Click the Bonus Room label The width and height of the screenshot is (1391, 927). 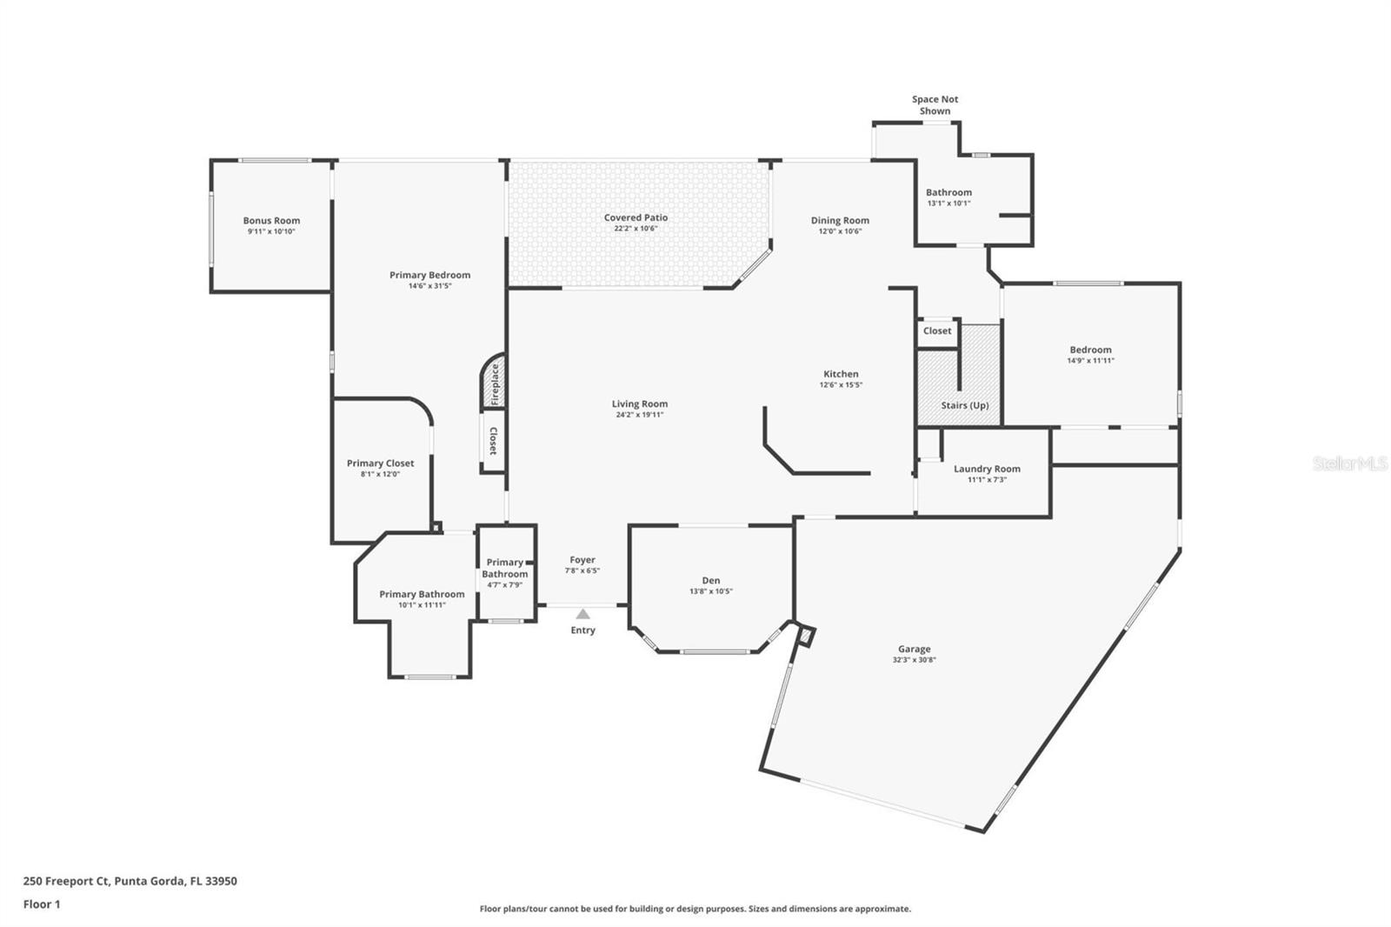tap(271, 221)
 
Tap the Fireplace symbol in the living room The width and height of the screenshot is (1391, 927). tap(495, 383)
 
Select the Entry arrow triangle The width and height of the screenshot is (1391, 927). tap(582, 614)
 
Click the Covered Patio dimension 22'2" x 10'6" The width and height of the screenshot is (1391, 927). tap(636, 229)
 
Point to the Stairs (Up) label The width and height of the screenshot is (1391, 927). tap(964, 405)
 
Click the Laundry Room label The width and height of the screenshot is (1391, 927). tap(987, 469)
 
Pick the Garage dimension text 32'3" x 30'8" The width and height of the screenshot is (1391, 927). tap(914, 660)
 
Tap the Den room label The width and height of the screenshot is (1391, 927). tap(711, 581)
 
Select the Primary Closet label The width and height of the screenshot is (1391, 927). tap(380, 463)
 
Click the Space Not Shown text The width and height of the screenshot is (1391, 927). tap(935, 105)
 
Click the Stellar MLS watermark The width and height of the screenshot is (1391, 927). tap(1349, 463)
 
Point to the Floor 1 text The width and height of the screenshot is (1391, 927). tap(42, 904)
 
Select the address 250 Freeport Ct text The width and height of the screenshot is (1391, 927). tap(130, 881)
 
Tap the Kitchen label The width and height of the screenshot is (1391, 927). tap(841, 374)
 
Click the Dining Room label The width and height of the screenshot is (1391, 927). tap(840, 221)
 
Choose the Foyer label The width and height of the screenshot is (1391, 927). tap(582, 560)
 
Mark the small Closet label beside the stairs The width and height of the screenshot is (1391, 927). tap(937, 330)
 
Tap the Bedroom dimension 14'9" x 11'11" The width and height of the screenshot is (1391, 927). tap(1090, 361)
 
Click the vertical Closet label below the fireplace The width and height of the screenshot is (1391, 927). tap(493, 441)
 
